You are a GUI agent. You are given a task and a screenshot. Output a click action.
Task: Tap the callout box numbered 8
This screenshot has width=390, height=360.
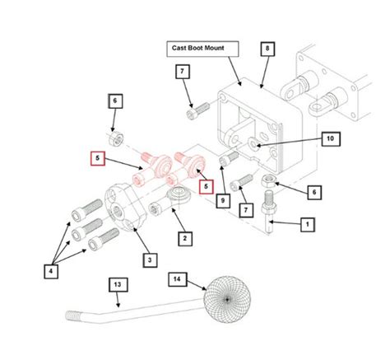(x=267, y=49)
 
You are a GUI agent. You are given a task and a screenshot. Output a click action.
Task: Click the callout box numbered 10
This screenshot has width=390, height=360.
(x=331, y=139)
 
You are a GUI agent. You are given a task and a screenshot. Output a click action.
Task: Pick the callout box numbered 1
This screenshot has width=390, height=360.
(x=307, y=224)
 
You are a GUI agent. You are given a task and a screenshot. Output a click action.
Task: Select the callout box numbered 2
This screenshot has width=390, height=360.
(x=185, y=239)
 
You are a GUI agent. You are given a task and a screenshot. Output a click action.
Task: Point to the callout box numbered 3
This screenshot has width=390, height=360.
(x=150, y=260)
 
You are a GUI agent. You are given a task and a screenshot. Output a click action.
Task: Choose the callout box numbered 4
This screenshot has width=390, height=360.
(x=51, y=271)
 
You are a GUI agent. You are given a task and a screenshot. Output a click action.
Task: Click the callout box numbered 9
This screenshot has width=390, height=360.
(x=223, y=201)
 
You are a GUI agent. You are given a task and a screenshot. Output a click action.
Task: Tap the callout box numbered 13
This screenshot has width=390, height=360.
(x=118, y=285)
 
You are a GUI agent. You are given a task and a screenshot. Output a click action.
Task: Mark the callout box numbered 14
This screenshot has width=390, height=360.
(x=178, y=279)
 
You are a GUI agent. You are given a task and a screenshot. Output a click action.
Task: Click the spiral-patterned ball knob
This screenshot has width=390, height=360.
(x=227, y=300)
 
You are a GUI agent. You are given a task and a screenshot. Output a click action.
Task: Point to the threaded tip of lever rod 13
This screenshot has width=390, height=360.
(x=73, y=315)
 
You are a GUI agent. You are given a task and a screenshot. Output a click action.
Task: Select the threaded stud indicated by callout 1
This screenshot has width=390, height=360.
(x=268, y=211)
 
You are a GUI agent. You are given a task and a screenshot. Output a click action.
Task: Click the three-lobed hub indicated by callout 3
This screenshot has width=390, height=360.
(x=126, y=208)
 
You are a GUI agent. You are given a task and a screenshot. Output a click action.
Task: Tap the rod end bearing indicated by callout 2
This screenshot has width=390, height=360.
(x=170, y=200)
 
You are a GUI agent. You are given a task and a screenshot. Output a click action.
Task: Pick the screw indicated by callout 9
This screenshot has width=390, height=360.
(x=229, y=158)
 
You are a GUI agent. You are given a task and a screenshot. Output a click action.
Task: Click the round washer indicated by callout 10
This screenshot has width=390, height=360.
(x=253, y=143)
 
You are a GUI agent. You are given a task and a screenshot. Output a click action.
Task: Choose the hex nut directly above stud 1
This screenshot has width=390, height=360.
(x=269, y=180)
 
